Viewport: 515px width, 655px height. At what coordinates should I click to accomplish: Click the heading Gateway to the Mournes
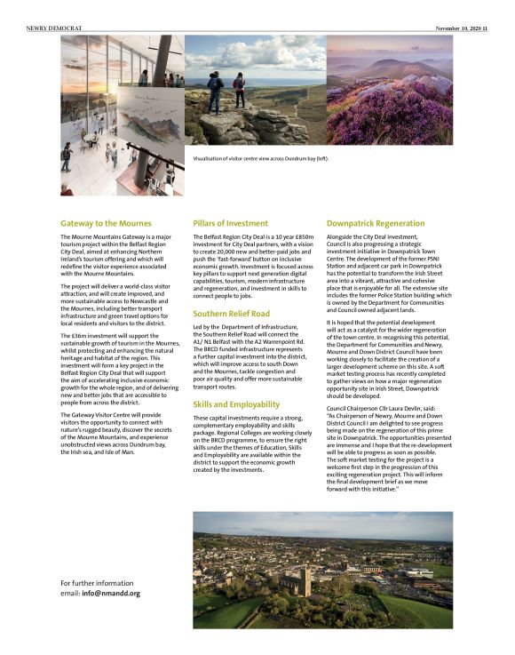(x=106, y=223)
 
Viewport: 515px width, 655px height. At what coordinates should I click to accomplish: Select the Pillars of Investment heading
(x=230, y=223)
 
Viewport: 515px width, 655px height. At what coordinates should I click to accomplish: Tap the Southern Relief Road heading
(x=231, y=314)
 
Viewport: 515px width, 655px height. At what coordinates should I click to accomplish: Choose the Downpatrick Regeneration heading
(x=376, y=223)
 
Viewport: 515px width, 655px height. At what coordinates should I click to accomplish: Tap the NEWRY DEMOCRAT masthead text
(x=54, y=28)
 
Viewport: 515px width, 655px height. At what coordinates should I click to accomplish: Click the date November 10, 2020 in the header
(x=464, y=28)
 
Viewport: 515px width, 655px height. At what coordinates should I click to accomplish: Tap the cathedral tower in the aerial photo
(x=305, y=580)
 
